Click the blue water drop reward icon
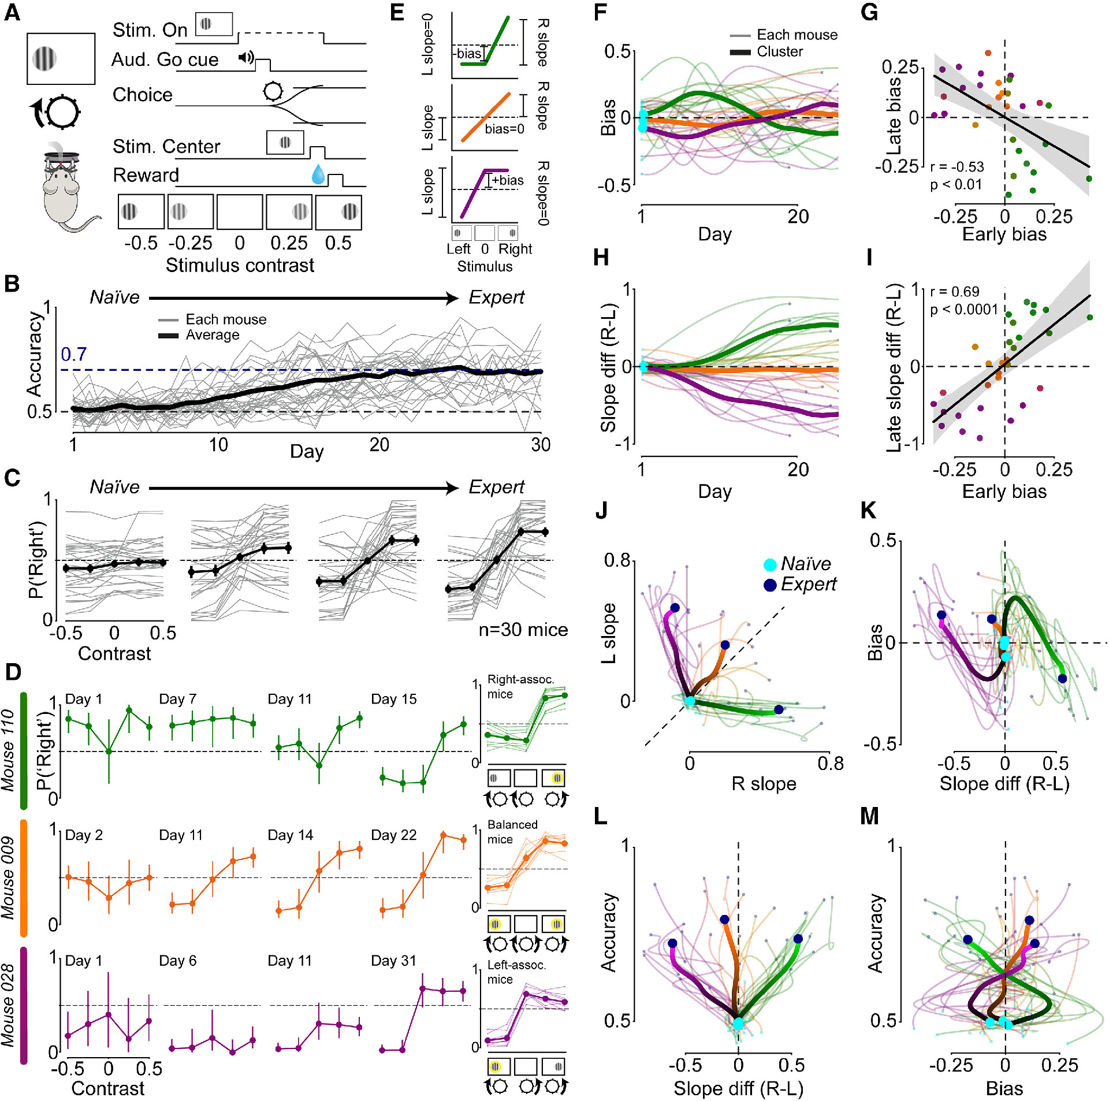click(318, 174)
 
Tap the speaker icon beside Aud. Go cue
click(246, 57)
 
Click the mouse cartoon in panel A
click(64, 191)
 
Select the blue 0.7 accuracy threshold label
click(74, 354)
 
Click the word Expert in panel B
click(496, 297)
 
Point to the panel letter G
click(869, 12)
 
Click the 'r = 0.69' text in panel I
click(955, 292)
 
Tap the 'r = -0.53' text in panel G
click(957, 167)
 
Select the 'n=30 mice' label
click(523, 630)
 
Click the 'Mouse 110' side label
click(8, 750)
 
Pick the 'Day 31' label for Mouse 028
click(393, 961)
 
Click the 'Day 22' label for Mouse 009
click(393, 835)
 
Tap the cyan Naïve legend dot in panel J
click(770, 564)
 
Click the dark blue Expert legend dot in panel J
click(770, 585)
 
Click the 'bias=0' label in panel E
click(504, 129)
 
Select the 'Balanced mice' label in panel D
click(512, 832)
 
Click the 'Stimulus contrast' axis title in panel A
click(240, 265)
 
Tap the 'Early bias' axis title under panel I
click(1004, 492)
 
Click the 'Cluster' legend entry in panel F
click(780, 52)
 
